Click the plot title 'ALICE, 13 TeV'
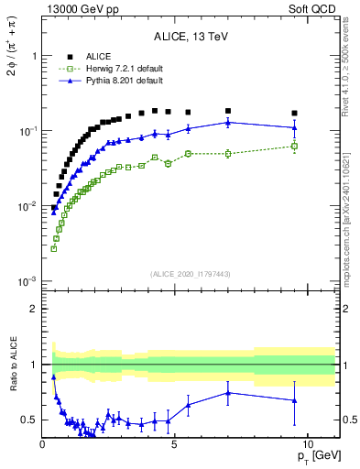[x=191, y=38]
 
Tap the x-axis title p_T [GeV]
[x=317, y=455]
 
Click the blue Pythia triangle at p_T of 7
[x=228, y=122]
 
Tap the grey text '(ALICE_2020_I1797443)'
[x=191, y=275]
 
